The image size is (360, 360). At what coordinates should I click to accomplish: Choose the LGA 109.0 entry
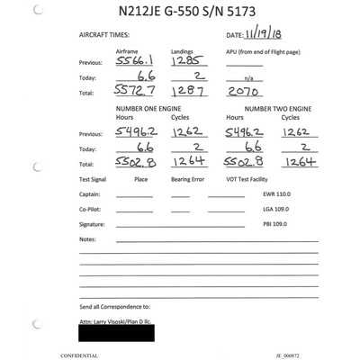[274, 208]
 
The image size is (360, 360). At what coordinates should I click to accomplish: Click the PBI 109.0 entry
[274, 222]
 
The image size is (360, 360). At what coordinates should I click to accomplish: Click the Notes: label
[87, 238]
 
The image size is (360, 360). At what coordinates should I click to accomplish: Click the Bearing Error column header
[189, 180]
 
